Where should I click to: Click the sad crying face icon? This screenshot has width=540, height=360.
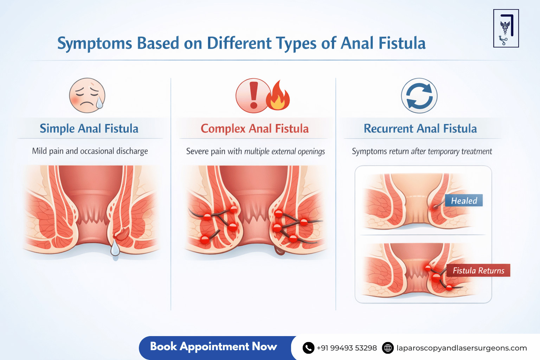pos(87,95)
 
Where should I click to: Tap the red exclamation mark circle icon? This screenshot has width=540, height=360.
pos(253,96)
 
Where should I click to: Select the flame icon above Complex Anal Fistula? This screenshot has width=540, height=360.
pos(278,97)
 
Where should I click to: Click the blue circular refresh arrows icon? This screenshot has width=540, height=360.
pos(419,96)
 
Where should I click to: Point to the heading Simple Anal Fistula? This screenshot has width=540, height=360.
pos(89,129)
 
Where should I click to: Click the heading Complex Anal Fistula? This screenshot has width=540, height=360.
pos(255,129)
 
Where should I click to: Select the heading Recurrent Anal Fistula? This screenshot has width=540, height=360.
pos(420,129)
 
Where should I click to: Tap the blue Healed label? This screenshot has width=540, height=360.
pos(464,201)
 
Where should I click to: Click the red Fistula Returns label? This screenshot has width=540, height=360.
pos(478,270)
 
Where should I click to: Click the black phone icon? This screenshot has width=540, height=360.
pos(308,348)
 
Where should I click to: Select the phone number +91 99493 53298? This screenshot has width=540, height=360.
pos(347,348)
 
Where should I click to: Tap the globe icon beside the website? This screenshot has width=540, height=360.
pos(388,348)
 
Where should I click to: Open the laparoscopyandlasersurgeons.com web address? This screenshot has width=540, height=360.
pos(462,348)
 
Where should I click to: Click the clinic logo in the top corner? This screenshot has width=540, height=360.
pos(506,28)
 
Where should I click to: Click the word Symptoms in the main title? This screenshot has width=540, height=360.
pos(95,44)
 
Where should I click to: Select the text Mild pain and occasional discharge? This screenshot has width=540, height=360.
pos(90,151)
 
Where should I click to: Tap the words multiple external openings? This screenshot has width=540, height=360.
pos(284,152)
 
